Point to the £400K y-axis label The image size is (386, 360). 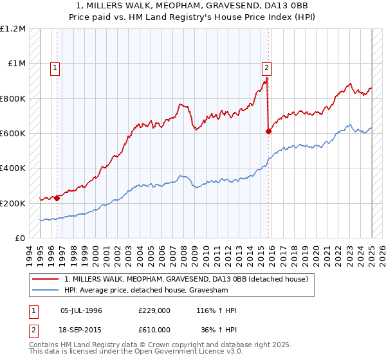tap(13, 168)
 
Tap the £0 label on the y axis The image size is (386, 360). tap(20, 239)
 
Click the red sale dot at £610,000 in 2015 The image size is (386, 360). tap(269, 132)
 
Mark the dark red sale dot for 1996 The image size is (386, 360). tap(57, 198)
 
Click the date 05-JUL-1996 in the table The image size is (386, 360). tap(81, 310)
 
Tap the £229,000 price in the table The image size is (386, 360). tap(154, 310)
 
